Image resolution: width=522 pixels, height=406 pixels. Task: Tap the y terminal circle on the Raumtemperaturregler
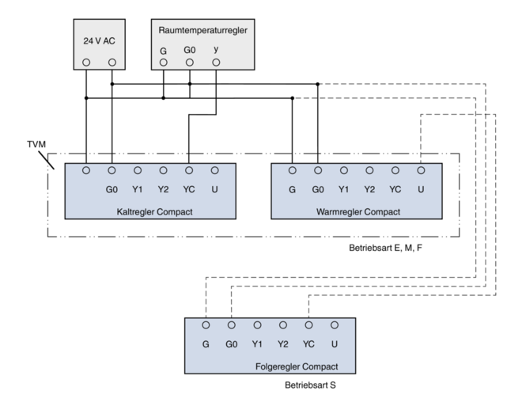point(215,62)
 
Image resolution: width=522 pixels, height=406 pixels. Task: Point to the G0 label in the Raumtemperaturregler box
point(189,50)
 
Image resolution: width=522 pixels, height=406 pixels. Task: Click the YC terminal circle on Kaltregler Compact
point(189,170)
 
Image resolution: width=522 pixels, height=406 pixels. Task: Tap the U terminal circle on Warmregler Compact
point(420,170)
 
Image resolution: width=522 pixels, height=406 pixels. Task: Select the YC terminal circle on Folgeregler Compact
point(308,325)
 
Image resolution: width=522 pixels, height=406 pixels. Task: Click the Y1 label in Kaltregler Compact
point(138,190)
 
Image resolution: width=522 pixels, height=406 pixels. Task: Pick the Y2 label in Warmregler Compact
point(369,190)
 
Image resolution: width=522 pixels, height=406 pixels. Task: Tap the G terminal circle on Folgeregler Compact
point(206,325)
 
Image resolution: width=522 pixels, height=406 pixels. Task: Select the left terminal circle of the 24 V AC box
point(86,62)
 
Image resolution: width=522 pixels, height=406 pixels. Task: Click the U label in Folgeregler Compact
point(335,344)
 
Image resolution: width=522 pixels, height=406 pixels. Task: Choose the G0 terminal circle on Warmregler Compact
point(318,170)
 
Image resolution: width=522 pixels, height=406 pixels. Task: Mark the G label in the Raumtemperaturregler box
point(163,50)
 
